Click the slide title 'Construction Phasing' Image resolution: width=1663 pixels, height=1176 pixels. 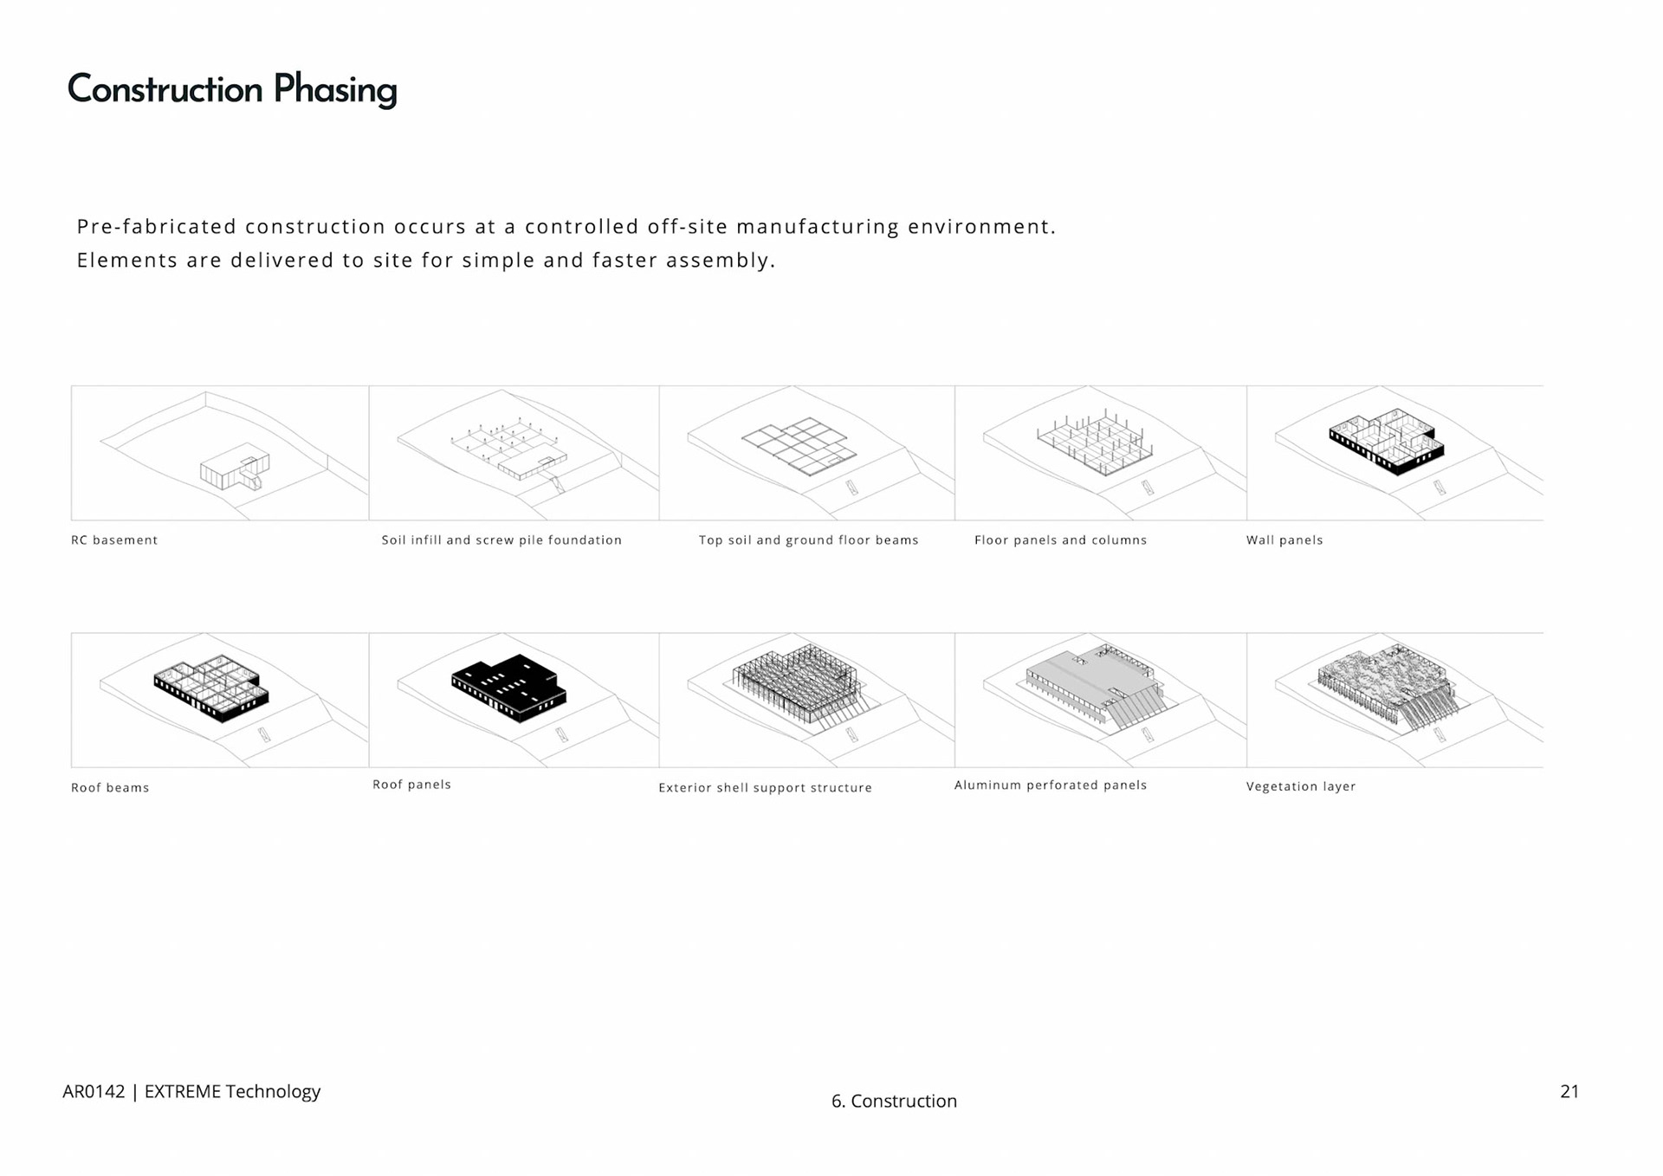tap(232, 90)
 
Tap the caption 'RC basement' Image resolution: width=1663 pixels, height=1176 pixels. tap(114, 540)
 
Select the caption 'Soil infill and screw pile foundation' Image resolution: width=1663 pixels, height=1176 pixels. tap(501, 540)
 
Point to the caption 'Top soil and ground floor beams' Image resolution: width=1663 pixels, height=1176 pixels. tap(808, 540)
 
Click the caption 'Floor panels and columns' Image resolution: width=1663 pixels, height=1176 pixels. tap(1060, 540)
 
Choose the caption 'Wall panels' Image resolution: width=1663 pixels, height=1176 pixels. tap(1284, 540)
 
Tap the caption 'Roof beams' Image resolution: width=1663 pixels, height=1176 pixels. tap(110, 788)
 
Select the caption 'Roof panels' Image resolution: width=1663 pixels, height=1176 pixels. tap(411, 785)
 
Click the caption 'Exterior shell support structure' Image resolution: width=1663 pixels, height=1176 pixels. tap(765, 788)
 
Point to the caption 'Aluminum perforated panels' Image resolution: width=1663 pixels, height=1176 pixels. tap(1050, 785)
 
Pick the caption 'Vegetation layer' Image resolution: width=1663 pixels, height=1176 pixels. tap(1300, 786)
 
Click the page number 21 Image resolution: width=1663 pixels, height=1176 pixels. tap(1569, 1091)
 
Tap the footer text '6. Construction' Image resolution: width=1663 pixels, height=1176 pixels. tap(894, 1101)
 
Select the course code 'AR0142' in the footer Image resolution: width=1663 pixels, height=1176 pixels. tap(94, 1091)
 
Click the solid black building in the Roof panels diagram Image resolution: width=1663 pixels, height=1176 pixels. tap(508, 688)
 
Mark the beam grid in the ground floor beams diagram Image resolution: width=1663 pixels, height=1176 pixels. tap(799, 445)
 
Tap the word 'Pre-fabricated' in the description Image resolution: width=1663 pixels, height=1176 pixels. tap(157, 227)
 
